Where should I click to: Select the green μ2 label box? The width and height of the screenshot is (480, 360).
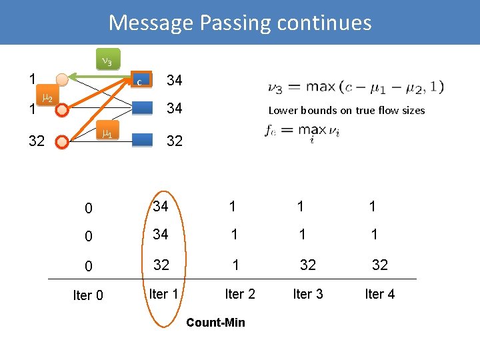pos(47,99)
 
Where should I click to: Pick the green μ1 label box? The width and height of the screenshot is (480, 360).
pos(106,133)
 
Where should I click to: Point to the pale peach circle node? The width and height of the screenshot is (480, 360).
pos(62,80)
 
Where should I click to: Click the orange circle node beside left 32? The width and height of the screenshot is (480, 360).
pos(62,141)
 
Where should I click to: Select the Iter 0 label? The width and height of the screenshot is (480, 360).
pos(88,295)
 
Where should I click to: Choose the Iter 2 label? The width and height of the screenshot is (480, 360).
pos(240,293)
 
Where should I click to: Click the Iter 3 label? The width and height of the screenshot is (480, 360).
pos(307,293)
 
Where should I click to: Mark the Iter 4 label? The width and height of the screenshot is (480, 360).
pos(379,293)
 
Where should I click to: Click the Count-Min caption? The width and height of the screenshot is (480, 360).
pos(215,323)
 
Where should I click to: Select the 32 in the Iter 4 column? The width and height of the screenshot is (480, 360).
pos(379,265)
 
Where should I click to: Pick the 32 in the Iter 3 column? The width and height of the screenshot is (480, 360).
pos(307,265)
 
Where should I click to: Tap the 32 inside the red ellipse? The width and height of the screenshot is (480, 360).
pos(161,264)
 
